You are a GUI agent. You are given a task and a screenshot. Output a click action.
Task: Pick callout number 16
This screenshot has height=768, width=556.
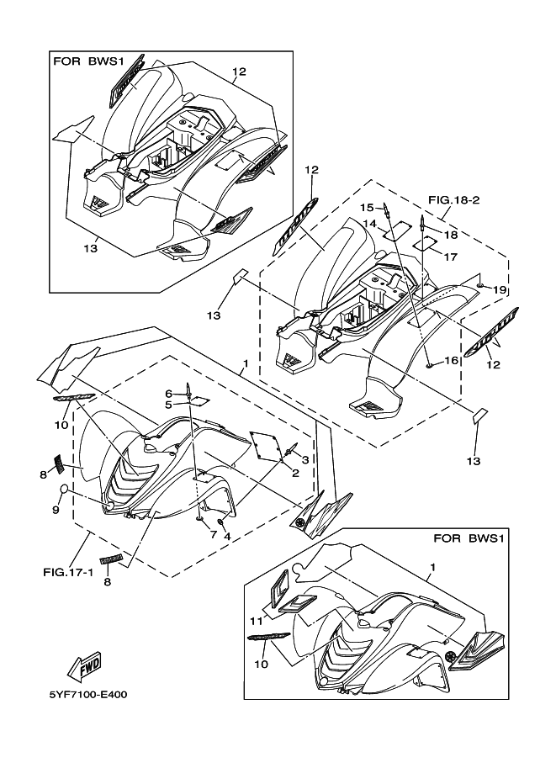(x=452, y=359)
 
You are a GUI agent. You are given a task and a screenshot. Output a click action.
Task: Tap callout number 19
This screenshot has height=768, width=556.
(x=500, y=289)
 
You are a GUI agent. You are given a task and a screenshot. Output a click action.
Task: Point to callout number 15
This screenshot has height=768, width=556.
(x=368, y=206)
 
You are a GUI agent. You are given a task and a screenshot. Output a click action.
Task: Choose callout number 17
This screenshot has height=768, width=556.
(x=450, y=257)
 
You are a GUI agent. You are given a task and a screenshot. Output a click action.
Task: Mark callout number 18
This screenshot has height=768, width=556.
(x=452, y=235)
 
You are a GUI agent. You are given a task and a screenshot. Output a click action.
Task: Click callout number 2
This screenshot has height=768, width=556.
(x=296, y=474)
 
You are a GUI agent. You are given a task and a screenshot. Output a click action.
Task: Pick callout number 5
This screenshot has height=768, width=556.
(x=168, y=405)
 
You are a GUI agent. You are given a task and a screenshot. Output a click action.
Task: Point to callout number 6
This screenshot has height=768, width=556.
(x=168, y=393)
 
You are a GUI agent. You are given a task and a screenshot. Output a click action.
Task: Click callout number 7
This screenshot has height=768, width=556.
(x=213, y=535)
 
